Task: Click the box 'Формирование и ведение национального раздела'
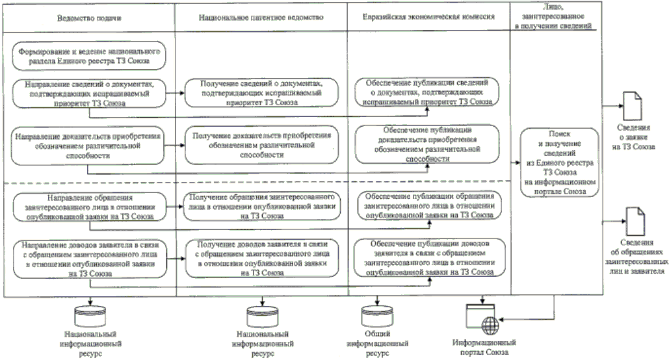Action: click(x=90, y=56)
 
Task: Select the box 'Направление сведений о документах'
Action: click(x=90, y=92)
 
